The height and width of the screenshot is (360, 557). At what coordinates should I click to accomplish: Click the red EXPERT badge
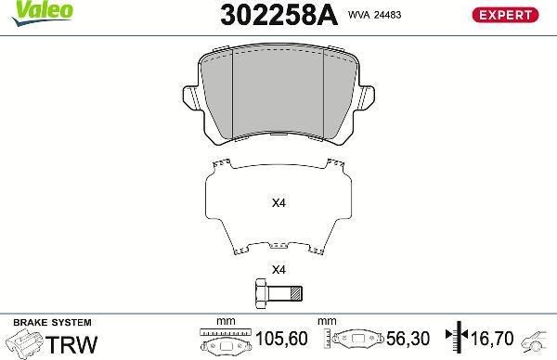(505, 14)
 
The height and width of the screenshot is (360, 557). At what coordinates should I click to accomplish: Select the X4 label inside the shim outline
(277, 203)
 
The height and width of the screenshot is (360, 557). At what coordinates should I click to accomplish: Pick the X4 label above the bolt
(277, 270)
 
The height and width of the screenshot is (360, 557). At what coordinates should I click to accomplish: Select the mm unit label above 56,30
(326, 322)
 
